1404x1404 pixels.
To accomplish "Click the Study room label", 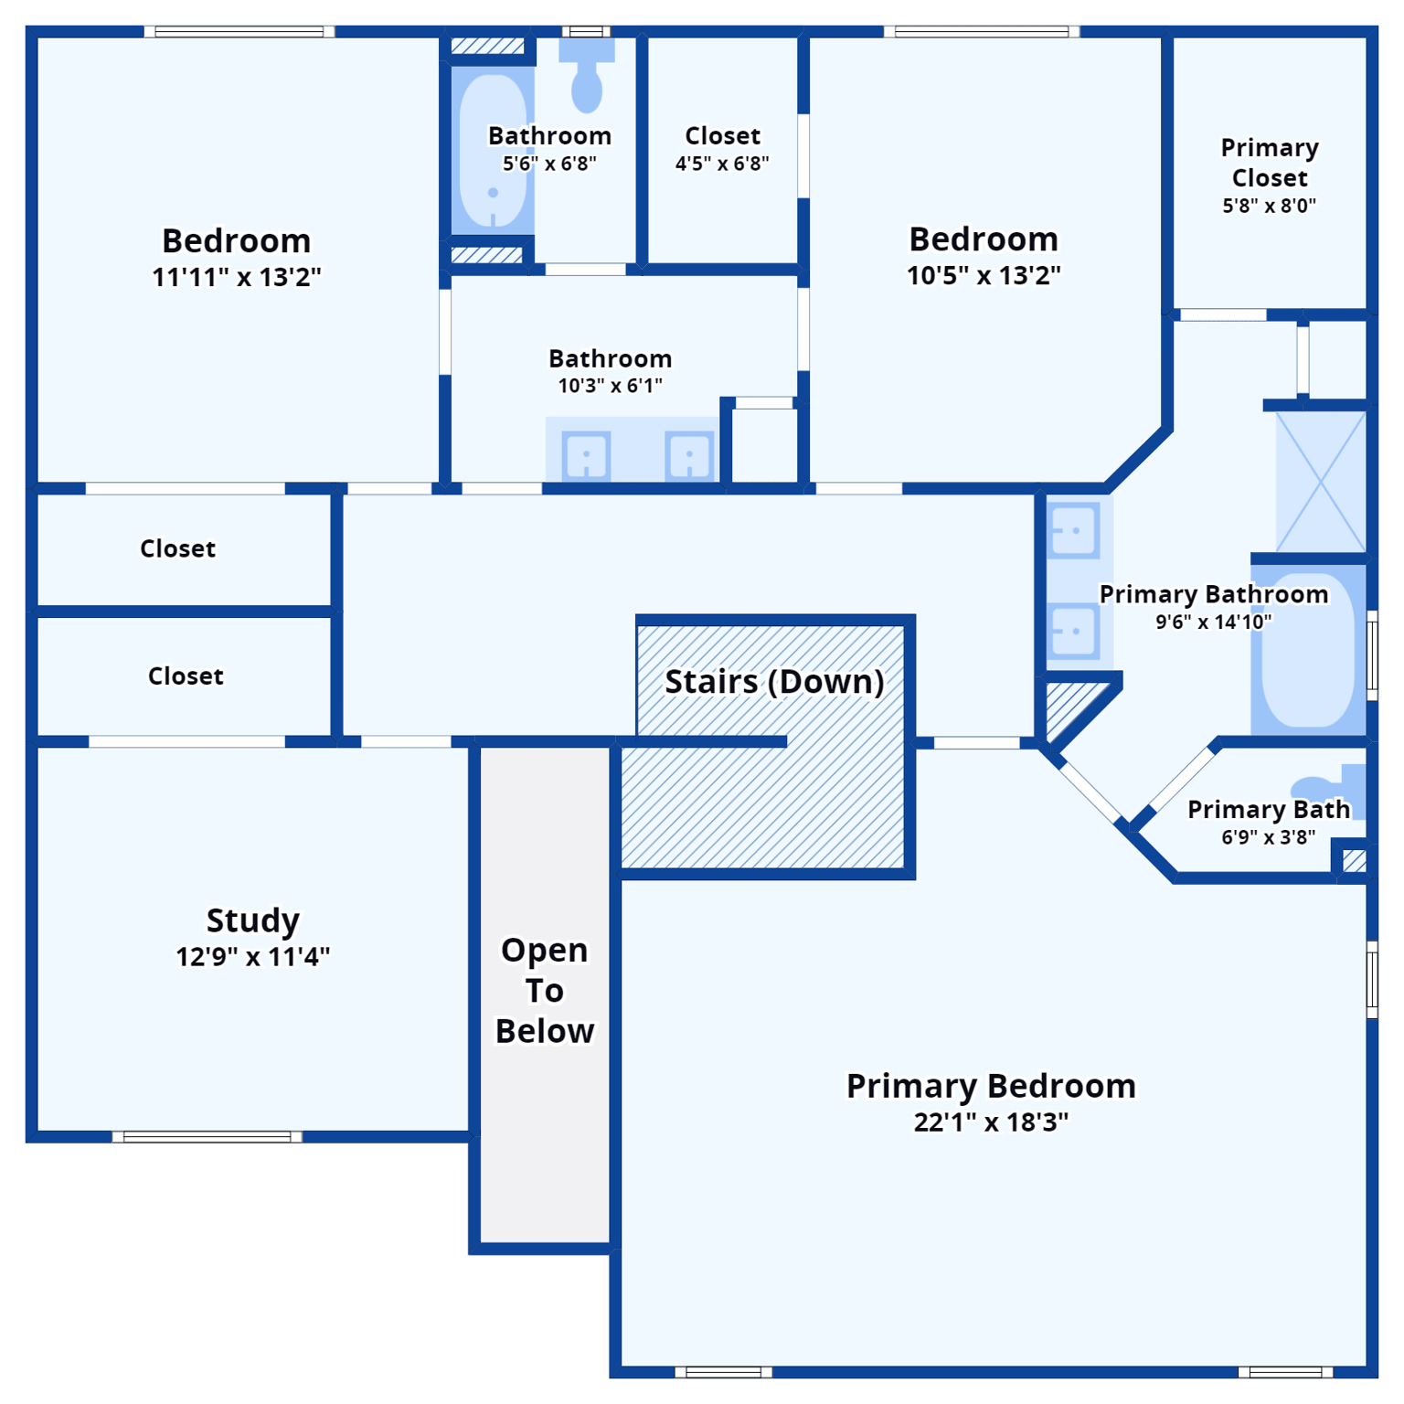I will coord(252,920).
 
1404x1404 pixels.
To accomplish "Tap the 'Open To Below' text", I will coord(545,990).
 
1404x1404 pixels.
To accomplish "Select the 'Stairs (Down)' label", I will coord(774,682).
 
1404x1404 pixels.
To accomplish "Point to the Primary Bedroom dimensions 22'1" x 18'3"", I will coord(991,1122).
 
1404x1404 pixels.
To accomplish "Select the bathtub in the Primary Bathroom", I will coord(1308,650).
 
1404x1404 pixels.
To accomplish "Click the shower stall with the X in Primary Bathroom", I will coord(1321,482).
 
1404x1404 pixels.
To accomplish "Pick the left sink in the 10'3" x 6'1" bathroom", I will coord(586,455).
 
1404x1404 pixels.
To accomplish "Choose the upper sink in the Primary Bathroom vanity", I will coord(1074,530).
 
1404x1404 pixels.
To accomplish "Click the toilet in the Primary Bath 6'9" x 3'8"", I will coord(1325,788).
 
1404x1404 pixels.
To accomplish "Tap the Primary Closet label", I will coord(1270,163).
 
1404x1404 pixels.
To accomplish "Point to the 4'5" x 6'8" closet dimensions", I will coord(722,164).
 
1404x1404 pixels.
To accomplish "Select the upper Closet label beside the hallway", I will coord(178,548).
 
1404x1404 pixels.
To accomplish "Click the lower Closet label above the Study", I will coord(186,676).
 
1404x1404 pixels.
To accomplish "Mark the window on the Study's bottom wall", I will coord(207,1137).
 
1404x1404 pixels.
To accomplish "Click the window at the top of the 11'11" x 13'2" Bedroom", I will coord(239,32).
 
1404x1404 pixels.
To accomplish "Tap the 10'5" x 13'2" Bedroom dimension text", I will coord(984,275).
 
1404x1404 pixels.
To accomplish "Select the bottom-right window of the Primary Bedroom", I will coord(1285,1372).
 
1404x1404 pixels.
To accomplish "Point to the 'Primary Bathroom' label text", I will coord(1213,594).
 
